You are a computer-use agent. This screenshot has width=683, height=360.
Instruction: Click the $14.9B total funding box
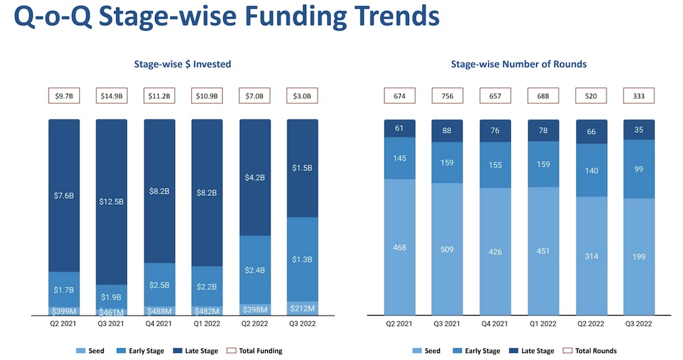pos(111,96)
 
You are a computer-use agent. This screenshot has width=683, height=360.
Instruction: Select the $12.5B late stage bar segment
pos(111,202)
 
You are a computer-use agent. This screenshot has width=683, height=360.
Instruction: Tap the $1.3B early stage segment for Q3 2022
pos(302,259)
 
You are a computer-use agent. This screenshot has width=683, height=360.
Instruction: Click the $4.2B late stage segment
pos(254,178)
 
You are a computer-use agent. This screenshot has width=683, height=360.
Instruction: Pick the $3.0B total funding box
pos(302,96)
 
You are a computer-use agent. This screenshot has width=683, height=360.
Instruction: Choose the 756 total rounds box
pos(447,96)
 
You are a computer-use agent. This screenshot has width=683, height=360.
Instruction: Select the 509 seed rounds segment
pos(447,249)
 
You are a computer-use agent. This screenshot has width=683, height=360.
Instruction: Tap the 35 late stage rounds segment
pos(639,130)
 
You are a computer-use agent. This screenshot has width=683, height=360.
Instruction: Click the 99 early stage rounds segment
pos(639,169)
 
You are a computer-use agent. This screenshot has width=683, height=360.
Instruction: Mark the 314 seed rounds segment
pos(591,255)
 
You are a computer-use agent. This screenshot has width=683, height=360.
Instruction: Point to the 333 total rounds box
pos(639,96)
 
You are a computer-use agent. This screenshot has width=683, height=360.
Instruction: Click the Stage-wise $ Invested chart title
pos(182,65)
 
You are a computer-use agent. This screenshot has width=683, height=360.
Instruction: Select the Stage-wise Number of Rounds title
pos(518,65)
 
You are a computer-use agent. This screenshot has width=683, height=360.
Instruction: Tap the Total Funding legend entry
pos(257,351)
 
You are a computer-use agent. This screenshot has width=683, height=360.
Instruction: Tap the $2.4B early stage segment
pos(254,270)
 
